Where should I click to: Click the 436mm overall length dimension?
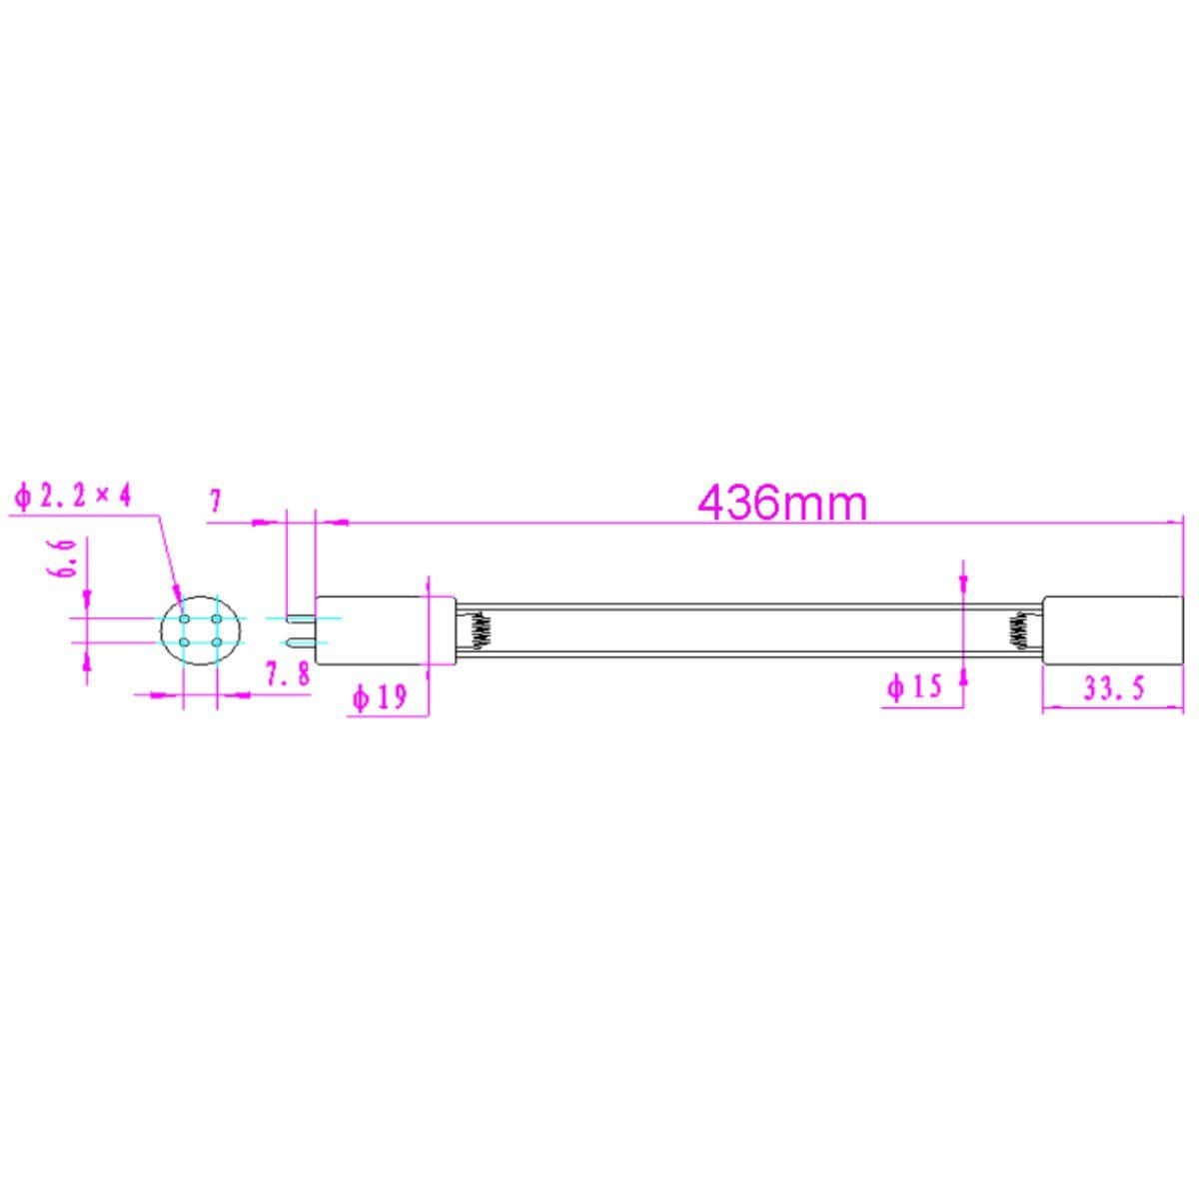(x=782, y=505)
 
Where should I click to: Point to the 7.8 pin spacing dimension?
(x=288, y=673)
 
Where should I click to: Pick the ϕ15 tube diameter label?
(x=914, y=687)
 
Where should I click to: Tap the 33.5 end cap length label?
(x=1114, y=688)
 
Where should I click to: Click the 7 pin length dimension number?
(x=215, y=501)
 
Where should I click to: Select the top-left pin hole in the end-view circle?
(x=184, y=619)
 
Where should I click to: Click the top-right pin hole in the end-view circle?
(x=217, y=619)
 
